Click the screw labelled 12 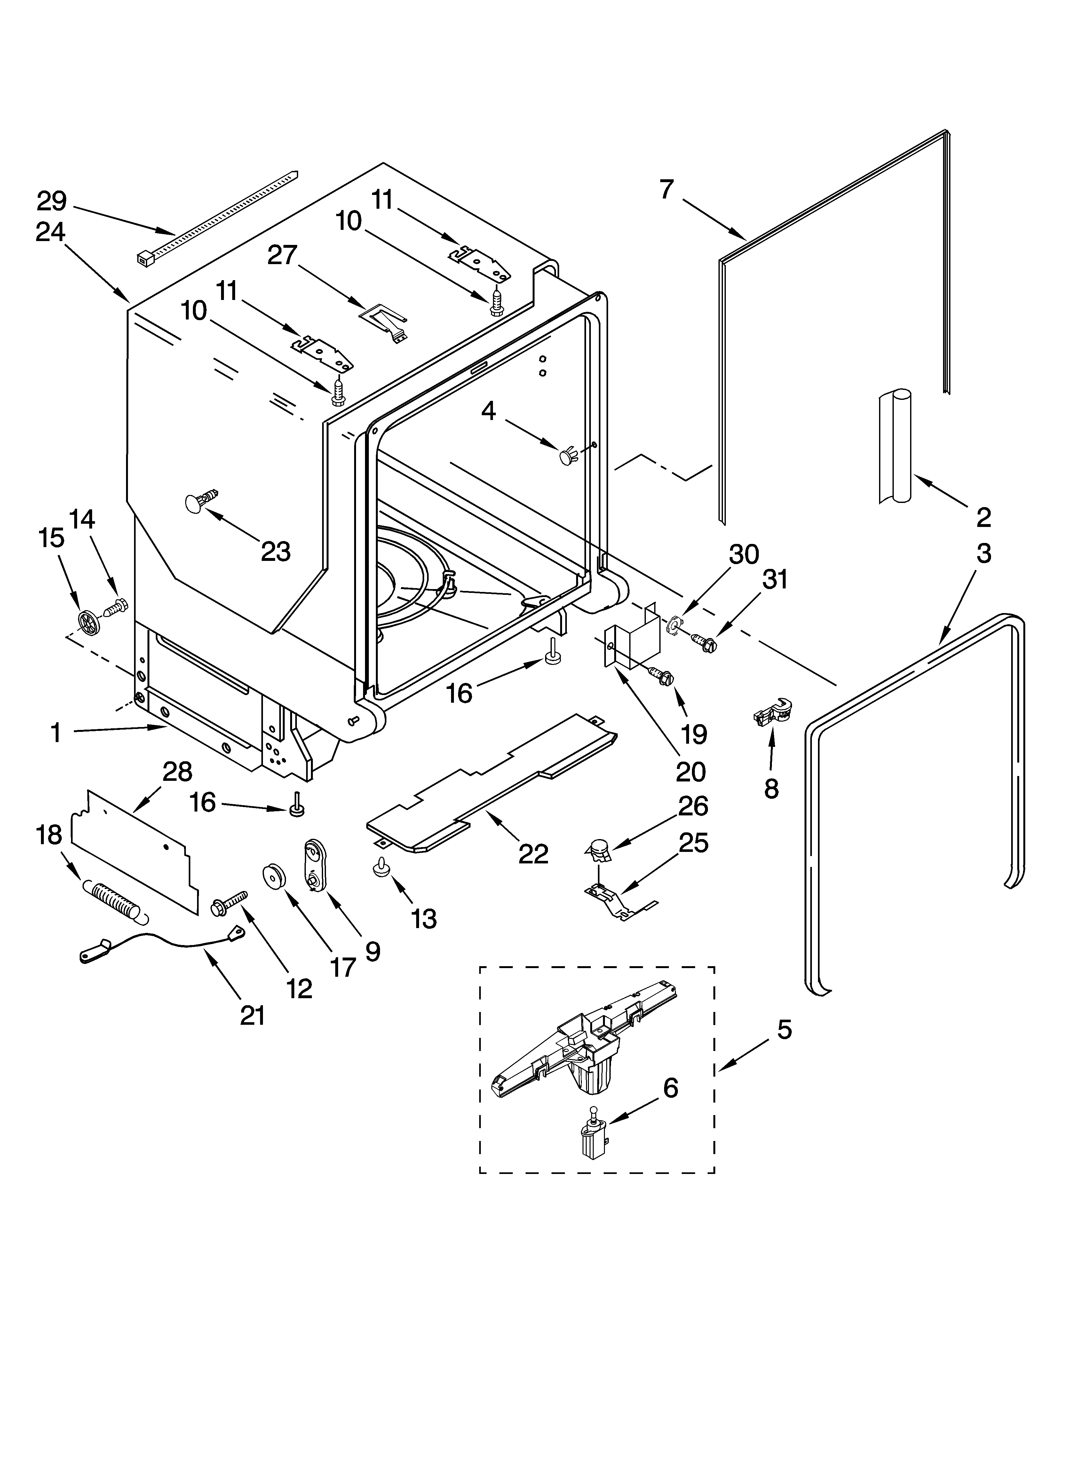coord(228,902)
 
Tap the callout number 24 coord(50,232)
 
